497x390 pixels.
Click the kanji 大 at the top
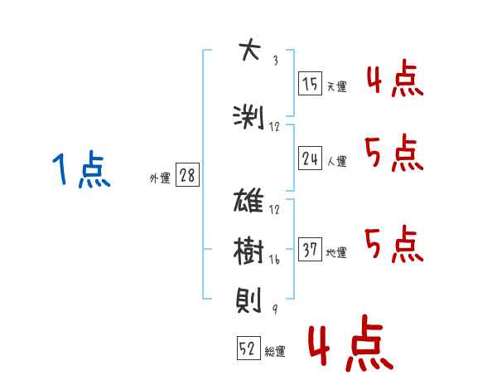coord(250,50)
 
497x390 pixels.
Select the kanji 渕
coord(248,117)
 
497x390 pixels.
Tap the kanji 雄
coord(248,200)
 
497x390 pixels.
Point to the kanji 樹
coord(248,251)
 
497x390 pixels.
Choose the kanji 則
coord(248,300)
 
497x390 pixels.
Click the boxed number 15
coord(310,84)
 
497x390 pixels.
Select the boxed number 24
coord(310,158)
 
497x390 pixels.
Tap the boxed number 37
coord(310,249)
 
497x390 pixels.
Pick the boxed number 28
coord(187,175)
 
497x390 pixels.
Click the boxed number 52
coord(248,348)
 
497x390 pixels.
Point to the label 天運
coord(336,86)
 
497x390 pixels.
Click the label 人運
coord(336,161)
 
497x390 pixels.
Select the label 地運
coord(336,252)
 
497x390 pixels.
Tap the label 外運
coord(160,178)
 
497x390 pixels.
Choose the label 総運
coord(275,352)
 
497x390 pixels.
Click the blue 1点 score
coord(81,169)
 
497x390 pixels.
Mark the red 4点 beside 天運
coord(395,78)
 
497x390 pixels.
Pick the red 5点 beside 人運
coord(394,153)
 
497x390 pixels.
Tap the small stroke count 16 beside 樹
coord(274,260)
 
